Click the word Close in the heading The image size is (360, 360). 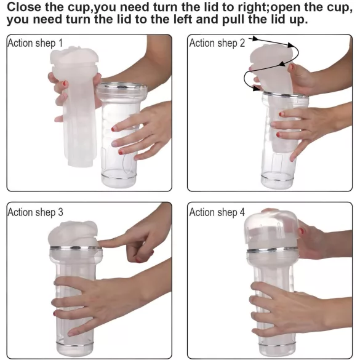coord(23,7)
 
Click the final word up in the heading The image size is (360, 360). coord(298,21)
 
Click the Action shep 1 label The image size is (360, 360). coord(35,43)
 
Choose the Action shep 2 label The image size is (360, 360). coord(217,43)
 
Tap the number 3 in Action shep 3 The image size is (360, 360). coord(60,212)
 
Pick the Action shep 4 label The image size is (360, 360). coord(217,212)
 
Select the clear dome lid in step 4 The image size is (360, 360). coord(271,229)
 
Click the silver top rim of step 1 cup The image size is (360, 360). coord(122,87)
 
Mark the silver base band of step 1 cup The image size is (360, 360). coord(119,177)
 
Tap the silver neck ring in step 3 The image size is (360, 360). coord(76,248)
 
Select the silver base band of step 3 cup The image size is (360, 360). coord(75,344)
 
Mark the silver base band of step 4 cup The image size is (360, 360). coord(277,345)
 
